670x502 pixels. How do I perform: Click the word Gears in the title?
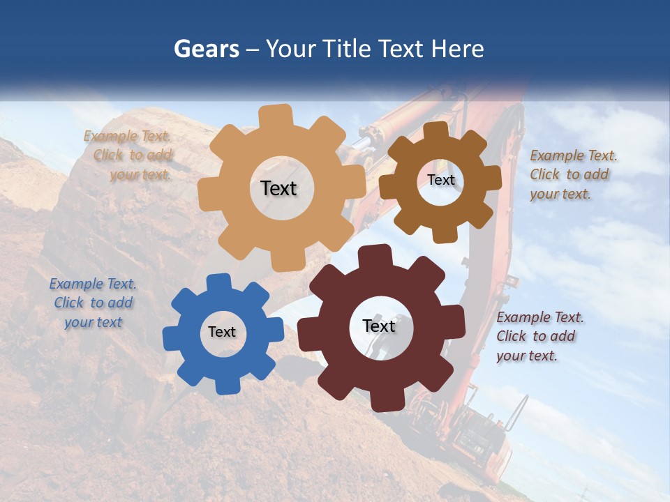(x=206, y=49)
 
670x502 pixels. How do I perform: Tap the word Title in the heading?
(x=347, y=49)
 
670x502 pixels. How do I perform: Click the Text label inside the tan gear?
(x=278, y=188)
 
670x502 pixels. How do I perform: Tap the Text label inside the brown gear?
(x=441, y=180)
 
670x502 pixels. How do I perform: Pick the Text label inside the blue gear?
(x=222, y=332)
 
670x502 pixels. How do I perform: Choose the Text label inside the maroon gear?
(x=379, y=326)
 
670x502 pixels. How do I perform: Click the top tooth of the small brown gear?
(x=436, y=131)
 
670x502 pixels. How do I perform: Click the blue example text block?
(x=93, y=303)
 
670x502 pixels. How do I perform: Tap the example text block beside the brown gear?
(x=569, y=175)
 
